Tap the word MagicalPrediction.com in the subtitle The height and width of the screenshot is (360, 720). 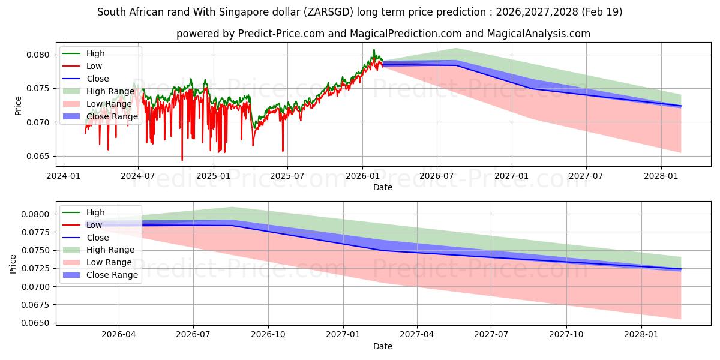[x=406, y=34]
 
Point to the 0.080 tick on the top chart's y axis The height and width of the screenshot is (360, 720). [x=38, y=55]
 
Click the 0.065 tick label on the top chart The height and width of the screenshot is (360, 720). [x=38, y=156]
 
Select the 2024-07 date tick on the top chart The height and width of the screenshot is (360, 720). [x=138, y=176]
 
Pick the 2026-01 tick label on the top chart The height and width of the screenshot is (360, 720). [x=362, y=176]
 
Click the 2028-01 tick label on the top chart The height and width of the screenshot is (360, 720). [x=661, y=176]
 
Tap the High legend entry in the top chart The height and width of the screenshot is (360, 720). [x=95, y=53]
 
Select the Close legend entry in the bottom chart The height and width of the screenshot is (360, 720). [x=98, y=238]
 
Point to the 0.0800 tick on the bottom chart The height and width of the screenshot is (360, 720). [x=35, y=214]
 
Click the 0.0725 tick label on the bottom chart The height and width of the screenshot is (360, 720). [x=35, y=268]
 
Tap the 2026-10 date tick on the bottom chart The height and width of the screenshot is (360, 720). [x=268, y=335]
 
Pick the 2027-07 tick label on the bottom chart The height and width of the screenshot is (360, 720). [x=491, y=335]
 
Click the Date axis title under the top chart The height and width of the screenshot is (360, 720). [x=383, y=187]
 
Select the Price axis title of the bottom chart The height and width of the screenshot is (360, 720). [x=13, y=264]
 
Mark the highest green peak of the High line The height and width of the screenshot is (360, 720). [x=374, y=49]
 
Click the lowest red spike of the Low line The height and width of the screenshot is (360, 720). [x=182, y=160]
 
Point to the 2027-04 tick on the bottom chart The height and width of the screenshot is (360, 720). [x=417, y=335]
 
